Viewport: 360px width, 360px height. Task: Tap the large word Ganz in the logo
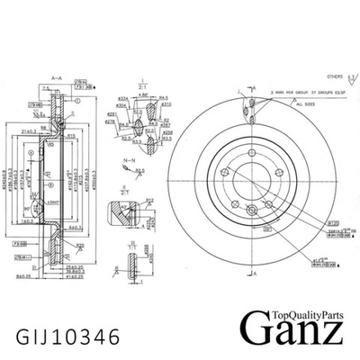click(292, 326)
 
